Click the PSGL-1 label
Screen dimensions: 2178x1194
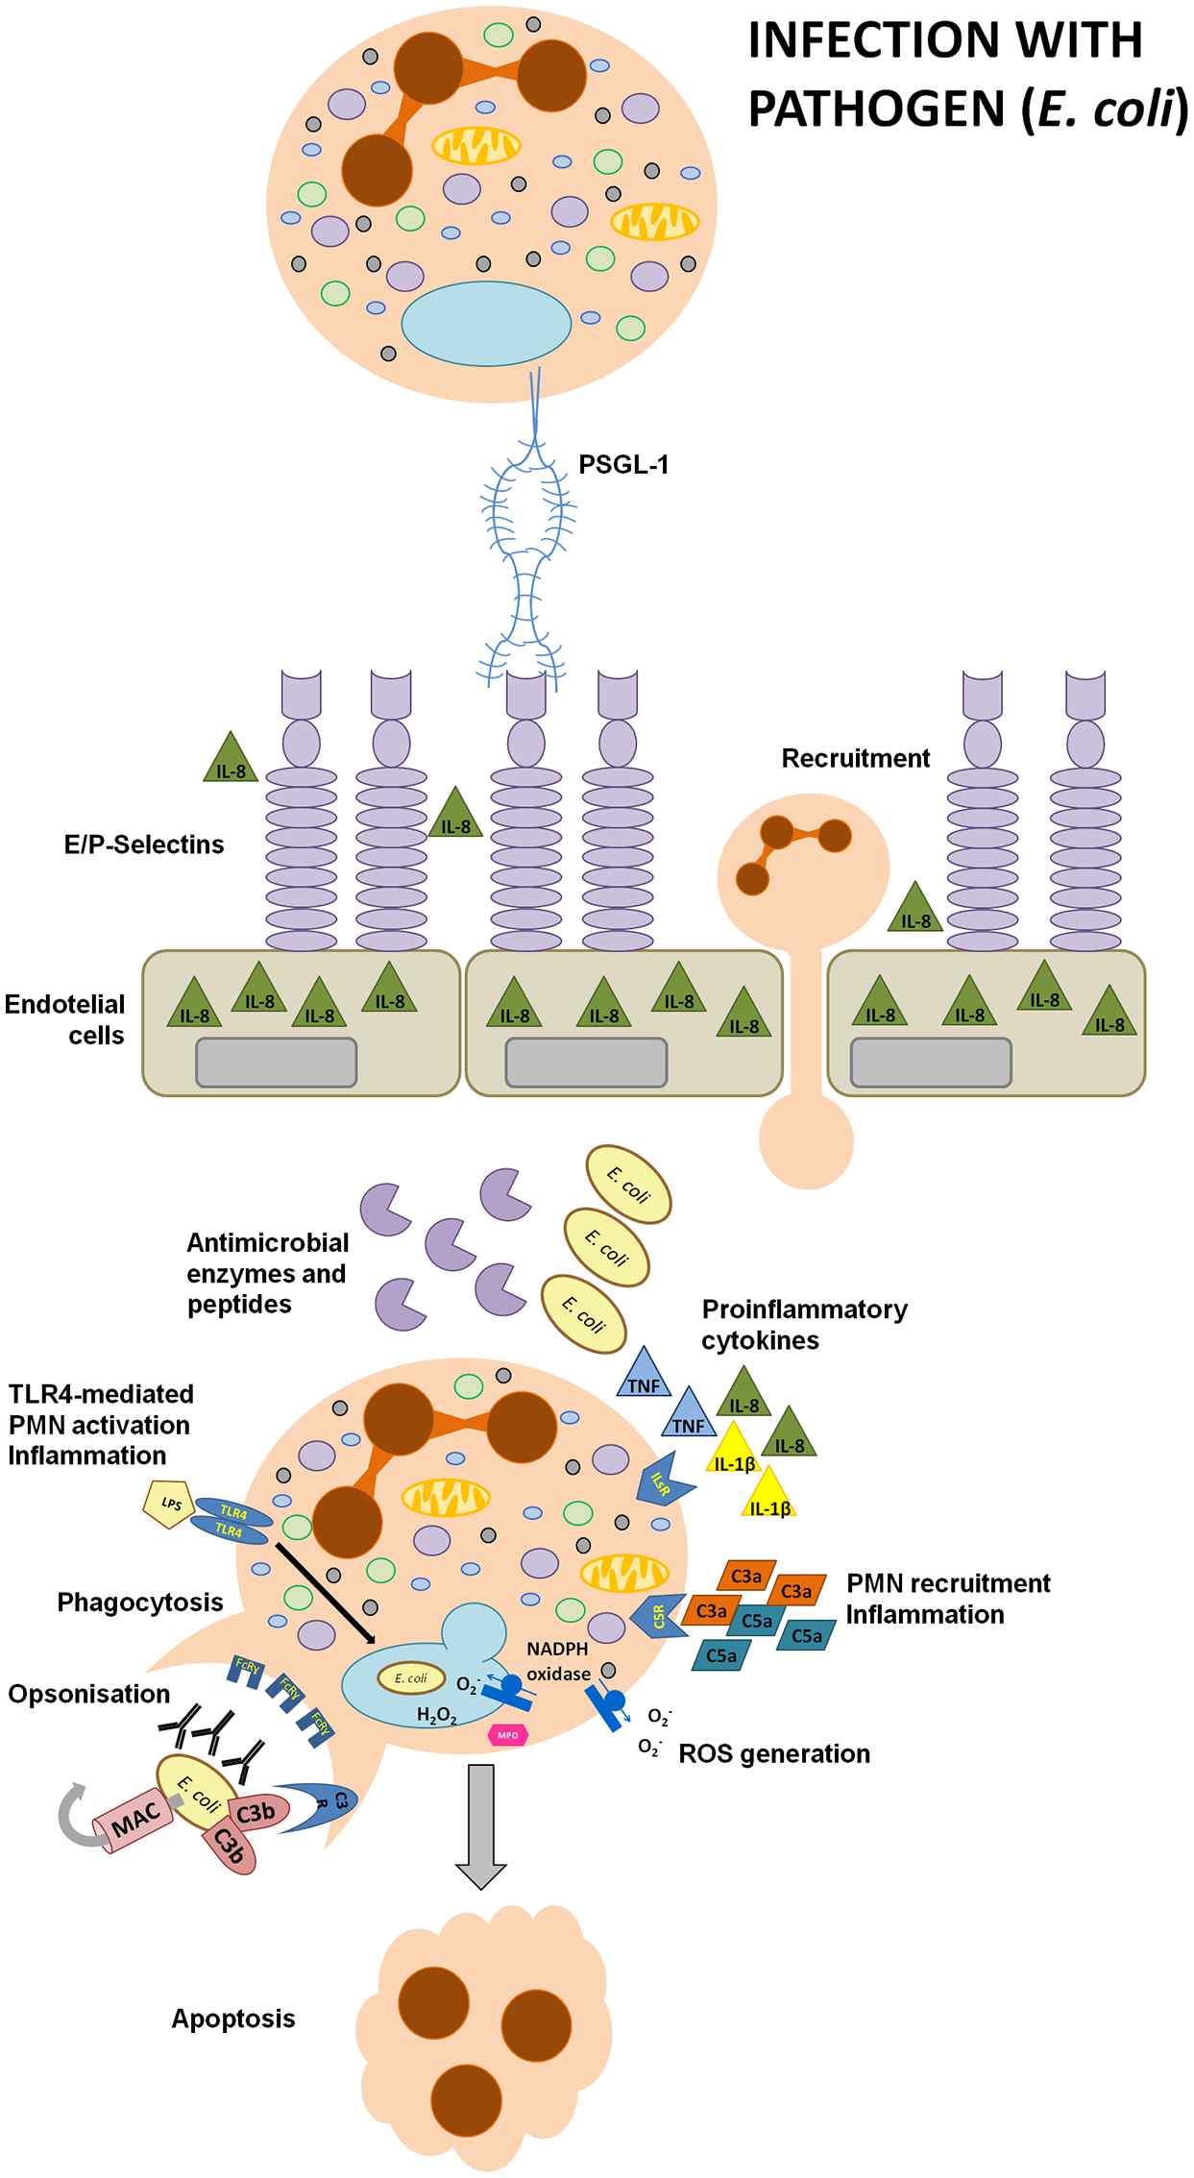[622, 465]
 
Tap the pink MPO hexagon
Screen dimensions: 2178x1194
[507, 1735]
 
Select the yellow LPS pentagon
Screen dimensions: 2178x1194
[169, 1505]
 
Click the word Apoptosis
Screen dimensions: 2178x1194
[232, 2019]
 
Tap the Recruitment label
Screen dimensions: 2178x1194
[855, 758]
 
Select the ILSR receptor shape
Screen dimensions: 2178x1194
[663, 1483]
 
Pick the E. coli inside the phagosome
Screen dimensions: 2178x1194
[411, 1678]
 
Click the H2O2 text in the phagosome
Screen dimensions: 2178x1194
[436, 1715]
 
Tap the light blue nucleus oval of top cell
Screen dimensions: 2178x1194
[486, 324]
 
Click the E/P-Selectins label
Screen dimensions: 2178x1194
[144, 844]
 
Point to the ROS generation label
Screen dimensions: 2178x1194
[773, 1753]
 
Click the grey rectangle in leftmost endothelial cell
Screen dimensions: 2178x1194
[276, 1062]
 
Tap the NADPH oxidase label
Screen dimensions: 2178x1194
[558, 1661]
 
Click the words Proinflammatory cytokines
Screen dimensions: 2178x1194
[803, 1324]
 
